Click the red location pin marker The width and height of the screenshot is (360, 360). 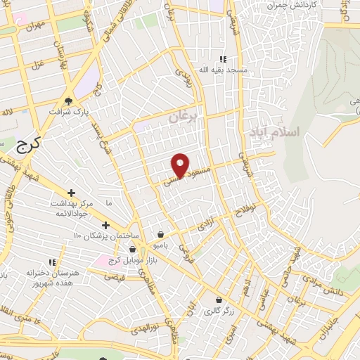point(181,165)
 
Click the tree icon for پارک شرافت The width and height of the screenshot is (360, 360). point(68,101)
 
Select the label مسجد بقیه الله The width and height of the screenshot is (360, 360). point(223,70)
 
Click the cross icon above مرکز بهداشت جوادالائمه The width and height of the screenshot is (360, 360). point(71,193)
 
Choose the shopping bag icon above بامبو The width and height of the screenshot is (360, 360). point(162,234)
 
